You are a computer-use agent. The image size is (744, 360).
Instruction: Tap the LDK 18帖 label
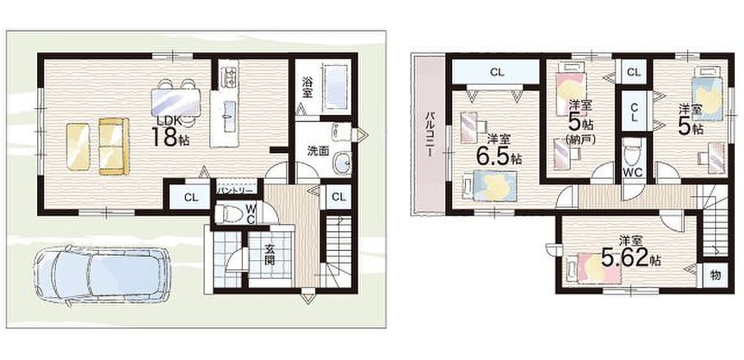click(x=170, y=132)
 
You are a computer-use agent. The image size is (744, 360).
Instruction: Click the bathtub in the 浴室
click(x=337, y=89)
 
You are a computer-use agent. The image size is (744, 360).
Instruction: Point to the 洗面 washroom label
click(x=318, y=151)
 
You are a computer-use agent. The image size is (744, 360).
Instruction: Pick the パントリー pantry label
click(x=236, y=190)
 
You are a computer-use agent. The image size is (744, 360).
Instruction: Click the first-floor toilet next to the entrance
click(x=229, y=214)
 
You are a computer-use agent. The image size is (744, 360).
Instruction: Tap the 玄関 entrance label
click(x=270, y=254)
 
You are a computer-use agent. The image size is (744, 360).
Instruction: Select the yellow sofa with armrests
click(x=114, y=146)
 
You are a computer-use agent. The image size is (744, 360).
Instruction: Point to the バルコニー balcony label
click(x=430, y=134)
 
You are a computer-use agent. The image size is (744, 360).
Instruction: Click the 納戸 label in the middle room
click(x=580, y=139)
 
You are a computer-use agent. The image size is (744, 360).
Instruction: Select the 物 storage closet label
click(x=715, y=275)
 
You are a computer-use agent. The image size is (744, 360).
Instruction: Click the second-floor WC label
click(x=633, y=172)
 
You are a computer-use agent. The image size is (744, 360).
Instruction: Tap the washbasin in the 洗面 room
click(x=342, y=163)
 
